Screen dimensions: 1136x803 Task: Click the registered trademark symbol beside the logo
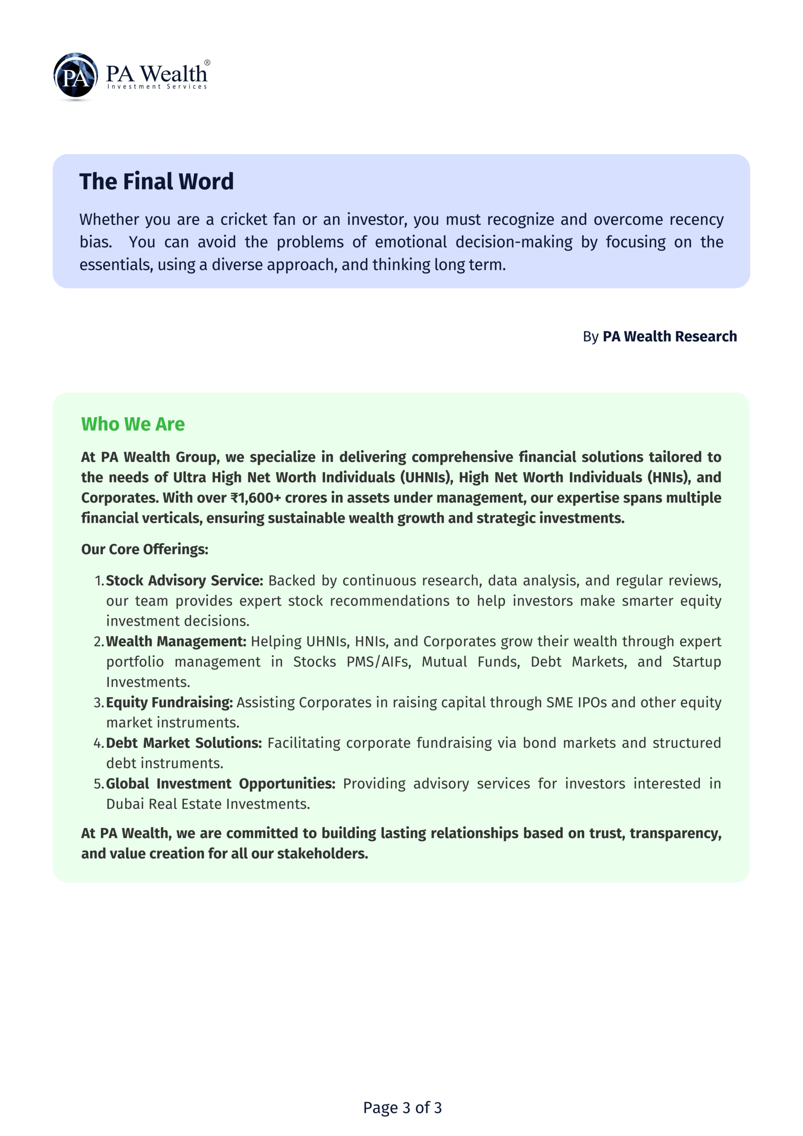207,63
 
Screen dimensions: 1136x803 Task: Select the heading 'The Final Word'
156,181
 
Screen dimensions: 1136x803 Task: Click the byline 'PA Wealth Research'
669,336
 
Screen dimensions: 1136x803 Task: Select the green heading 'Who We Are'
133,424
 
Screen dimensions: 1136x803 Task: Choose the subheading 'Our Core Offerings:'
145,549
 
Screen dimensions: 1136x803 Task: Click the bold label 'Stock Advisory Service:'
185,580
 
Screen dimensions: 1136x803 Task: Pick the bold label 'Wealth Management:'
176,641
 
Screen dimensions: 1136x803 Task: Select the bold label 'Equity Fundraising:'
169,702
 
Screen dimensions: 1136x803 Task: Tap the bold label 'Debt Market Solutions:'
184,743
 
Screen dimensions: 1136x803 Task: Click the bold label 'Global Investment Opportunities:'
220,784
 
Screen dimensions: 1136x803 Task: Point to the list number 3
98,702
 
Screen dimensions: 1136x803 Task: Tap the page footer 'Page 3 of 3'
402,1107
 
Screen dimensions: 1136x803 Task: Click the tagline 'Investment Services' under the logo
157,87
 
